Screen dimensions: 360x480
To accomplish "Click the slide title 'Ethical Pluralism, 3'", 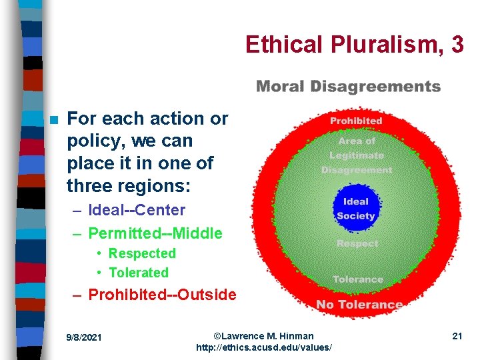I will pyautogui.click(x=354, y=44).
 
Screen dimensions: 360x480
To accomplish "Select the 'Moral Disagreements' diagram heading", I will pyautogui.click(x=348, y=87).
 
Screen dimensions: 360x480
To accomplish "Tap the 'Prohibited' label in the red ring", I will pyautogui.click(x=356, y=121).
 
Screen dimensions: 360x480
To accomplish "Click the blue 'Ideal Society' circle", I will pyautogui.click(x=356, y=209).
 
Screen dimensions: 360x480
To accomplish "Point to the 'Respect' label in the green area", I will pyautogui.click(x=357, y=243).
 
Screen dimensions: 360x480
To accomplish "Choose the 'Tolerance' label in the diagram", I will pyautogui.click(x=358, y=279).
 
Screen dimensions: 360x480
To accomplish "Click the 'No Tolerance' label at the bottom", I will pyautogui.click(x=359, y=305).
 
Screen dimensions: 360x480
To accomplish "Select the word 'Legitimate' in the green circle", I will pyautogui.click(x=357, y=155).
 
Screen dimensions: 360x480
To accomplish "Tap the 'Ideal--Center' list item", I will pyautogui.click(x=137, y=210).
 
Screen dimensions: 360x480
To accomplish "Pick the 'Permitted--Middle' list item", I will pyautogui.click(x=155, y=233).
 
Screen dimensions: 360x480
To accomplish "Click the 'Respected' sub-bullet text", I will pyautogui.click(x=142, y=253).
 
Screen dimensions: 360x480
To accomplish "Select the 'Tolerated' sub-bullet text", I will pyautogui.click(x=138, y=273).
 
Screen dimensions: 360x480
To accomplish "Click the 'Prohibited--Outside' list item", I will pyautogui.click(x=162, y=294).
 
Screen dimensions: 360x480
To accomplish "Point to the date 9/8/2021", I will pyautogui.click(x=85, y=337).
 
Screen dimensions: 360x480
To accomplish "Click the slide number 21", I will pyautogui.click(x=457, y=336).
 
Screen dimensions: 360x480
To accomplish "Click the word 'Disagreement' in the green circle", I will pyautogui.click(x=357, y=170).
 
